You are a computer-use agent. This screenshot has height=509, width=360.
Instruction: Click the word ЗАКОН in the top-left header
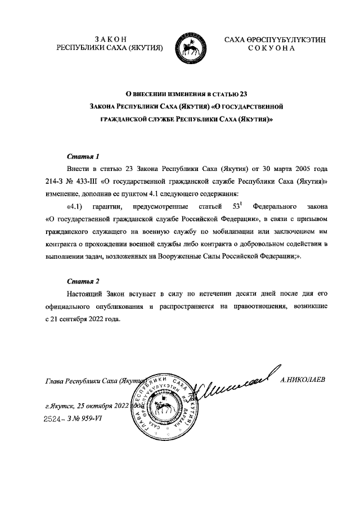point(107,39)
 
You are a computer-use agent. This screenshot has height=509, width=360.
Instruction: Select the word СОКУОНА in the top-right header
point(271,48)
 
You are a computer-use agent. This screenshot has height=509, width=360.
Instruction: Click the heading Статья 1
point(83,156)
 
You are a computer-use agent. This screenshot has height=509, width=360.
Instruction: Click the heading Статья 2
point(83,281)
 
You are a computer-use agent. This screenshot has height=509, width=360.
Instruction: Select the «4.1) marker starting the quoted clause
point(76,206)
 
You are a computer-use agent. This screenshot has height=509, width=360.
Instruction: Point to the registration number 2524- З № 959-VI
point(75,419)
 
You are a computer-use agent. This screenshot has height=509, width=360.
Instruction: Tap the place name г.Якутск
point(60,406)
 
